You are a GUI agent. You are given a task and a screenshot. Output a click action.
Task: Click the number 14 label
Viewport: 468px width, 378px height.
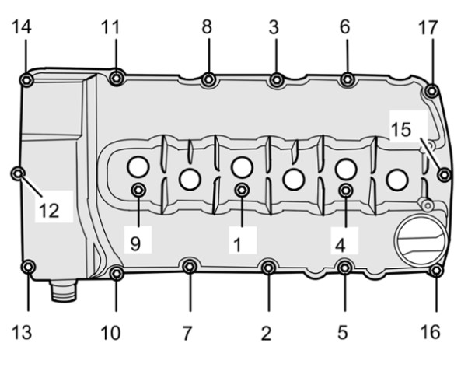coord(22,27)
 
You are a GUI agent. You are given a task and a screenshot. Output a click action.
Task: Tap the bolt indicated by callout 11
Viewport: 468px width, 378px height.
coord(117,79)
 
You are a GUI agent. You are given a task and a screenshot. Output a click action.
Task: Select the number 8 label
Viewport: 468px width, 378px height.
coord(207,26)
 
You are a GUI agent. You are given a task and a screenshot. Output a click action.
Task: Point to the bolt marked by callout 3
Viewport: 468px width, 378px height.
coord(277,80)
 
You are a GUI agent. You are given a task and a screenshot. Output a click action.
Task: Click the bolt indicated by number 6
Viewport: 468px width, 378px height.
coord(348,79)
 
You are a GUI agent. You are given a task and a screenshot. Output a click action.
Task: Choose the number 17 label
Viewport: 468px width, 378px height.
coord(428,27)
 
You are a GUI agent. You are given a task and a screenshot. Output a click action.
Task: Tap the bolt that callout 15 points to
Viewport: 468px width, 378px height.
coord(444,175)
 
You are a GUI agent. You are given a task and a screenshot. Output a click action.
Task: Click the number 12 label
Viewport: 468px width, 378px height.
coord(49,211)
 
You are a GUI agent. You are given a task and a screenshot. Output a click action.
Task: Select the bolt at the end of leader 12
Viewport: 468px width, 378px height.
coord(18,173)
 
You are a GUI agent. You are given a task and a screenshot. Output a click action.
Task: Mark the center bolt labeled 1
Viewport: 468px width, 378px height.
coord(242,190)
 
